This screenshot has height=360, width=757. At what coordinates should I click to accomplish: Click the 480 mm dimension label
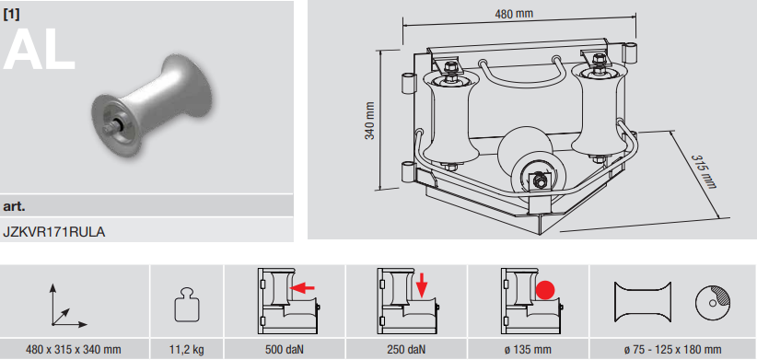(514, 14)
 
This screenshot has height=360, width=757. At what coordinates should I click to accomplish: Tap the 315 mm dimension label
(703, 171)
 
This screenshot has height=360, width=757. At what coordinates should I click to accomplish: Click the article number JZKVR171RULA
(54, 232)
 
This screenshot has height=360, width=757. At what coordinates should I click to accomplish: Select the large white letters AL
(40, 50)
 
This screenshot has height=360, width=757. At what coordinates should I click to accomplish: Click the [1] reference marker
(11, 15)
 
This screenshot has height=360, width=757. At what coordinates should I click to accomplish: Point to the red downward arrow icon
(422, 285)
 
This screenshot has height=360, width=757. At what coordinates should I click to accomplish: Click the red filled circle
(545, 290)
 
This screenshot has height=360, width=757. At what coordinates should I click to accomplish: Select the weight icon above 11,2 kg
(187, 305)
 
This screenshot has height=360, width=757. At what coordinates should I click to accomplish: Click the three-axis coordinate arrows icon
(66, 306)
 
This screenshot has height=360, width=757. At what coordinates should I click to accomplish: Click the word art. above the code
(14, 206)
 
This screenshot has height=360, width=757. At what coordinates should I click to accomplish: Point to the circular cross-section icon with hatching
(712, 303)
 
